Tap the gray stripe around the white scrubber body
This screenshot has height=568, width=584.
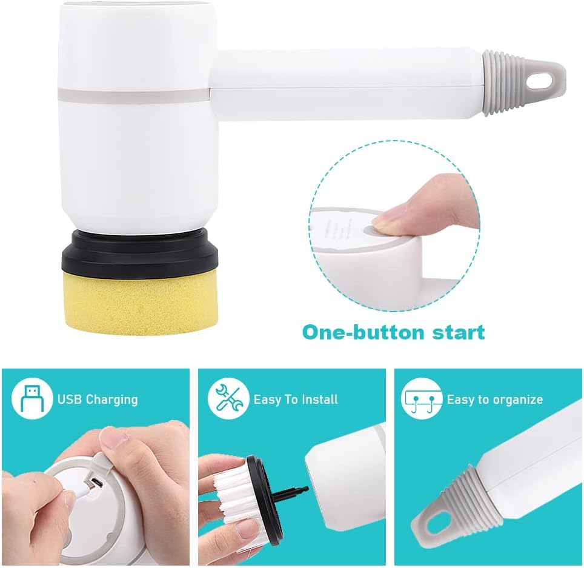coord(134,95)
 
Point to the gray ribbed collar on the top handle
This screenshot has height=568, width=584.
coord(500,83)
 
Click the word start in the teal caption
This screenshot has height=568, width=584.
coord(459,332)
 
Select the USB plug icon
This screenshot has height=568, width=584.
coord(32,399)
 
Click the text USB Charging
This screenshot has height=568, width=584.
coord(98,399)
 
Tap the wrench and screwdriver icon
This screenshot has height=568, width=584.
coord(228,399)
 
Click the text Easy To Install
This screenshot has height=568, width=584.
coord(296,399)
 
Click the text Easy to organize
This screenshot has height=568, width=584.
coord(494,399)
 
